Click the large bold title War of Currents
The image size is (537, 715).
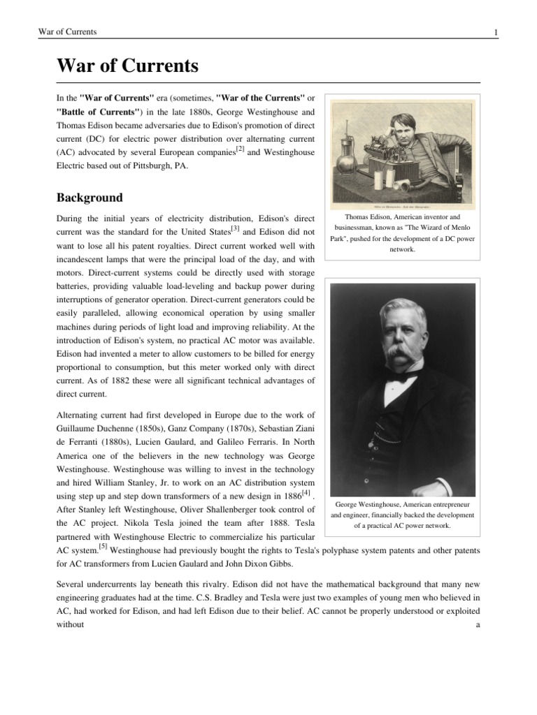tap(127, 66)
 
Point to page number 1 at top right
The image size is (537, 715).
tap(495, 33)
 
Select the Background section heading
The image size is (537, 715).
tap(89, 198)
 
